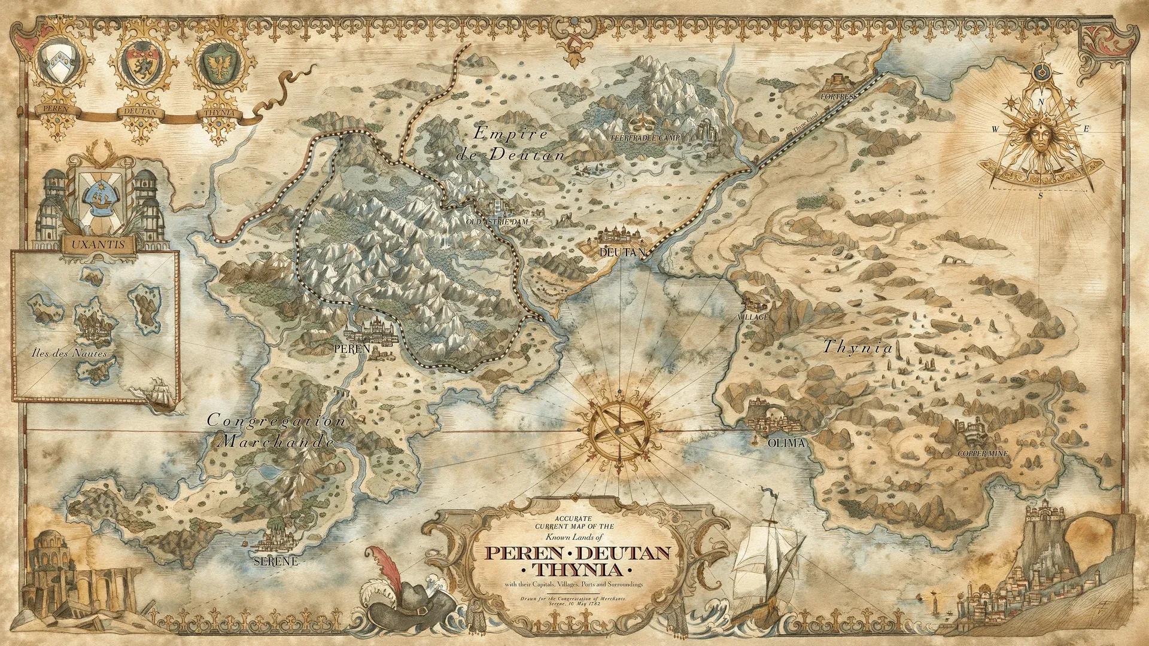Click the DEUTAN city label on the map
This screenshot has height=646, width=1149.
(x=622, y=252)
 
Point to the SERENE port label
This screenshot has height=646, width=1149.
(x=276, y=562)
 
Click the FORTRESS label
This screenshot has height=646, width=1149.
(x=838, y=96)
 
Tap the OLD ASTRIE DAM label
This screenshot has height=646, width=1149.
(x=497, y=221)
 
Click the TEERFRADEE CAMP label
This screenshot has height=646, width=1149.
(x=646, y=137)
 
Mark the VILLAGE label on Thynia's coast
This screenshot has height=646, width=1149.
(x=752, y=316)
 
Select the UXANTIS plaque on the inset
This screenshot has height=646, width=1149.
(x=98, y=245)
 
